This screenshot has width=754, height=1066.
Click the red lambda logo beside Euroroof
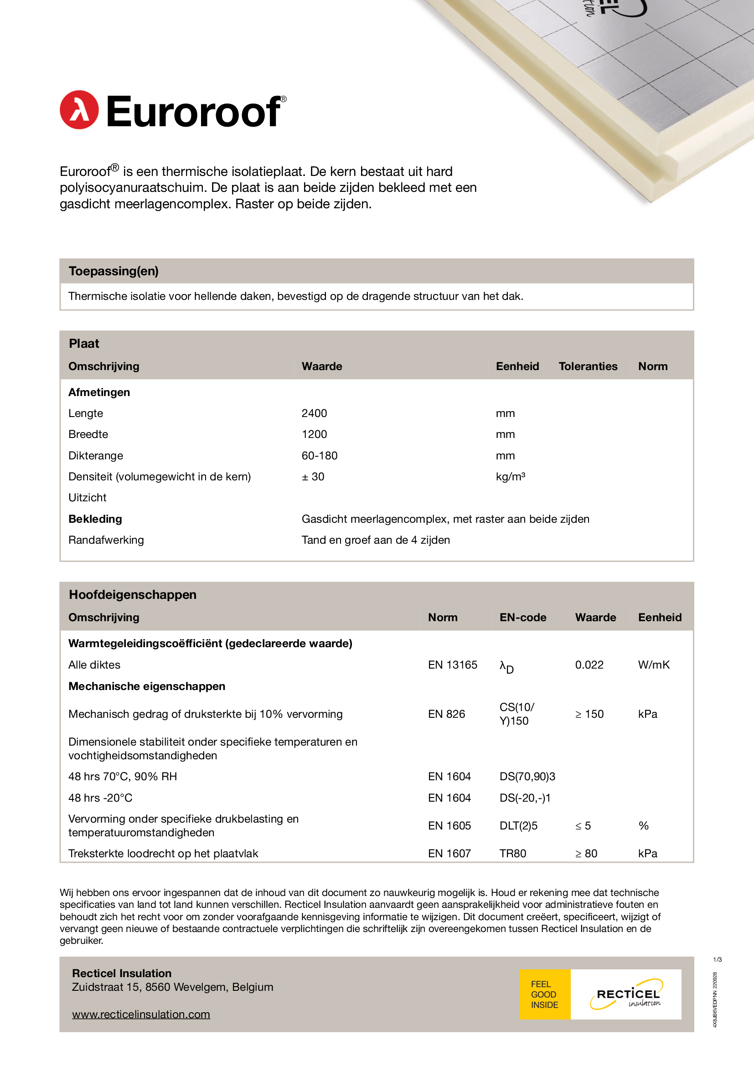coord(79,110)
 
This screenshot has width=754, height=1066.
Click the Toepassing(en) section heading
coord(114,271)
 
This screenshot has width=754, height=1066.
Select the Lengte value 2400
coord(315,413)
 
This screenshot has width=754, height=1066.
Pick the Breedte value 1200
coord(315,434)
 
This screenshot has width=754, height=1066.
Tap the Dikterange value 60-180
coord(320,455)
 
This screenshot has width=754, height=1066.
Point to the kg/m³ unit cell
coord(510,476)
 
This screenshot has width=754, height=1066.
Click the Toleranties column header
coord(588,366)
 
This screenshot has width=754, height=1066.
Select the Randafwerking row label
coord(106,540)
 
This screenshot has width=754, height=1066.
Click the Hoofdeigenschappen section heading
coord(133,595)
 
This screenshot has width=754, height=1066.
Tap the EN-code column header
coord(523,618)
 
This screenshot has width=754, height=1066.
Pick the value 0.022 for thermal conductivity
coord(589,665)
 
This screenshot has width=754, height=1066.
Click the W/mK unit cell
coord(654,665)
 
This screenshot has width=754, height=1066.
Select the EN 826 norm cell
coord(446,714)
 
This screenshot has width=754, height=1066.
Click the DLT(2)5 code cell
coord(518,826)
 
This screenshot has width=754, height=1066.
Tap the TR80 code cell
coord(512,853)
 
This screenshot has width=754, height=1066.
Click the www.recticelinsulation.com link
coord(141,1015)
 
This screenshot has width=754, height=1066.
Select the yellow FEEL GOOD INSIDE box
coord(545,994)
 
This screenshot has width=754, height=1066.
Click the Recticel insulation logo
coord(627,994)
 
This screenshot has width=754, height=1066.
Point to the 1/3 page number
coord(718,960)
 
